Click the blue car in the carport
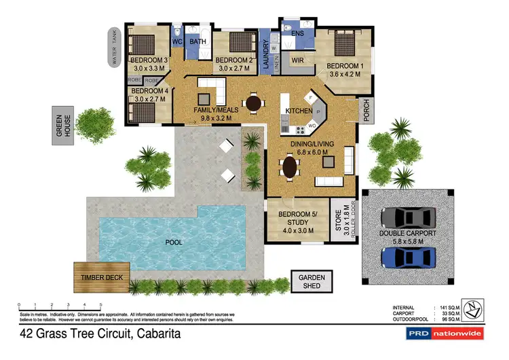pyautogui.click(x=407, y=257)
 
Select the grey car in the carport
pyautogui.click(x=406, y=216)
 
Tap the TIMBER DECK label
pyautogui.click(x=101, y=277)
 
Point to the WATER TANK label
pyautogui.click(x=113, y=47)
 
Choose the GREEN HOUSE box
pyautogui.click(x=63, y=126)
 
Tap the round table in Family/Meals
pyautogui.click(x=254, y=103)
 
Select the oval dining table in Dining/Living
pyautogui.click(x=290, y=166)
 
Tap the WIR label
pyautogui.click(x=297, y=60)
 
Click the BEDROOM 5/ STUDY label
pyautogui.click(x=295, y=223)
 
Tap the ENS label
pyautogui.click(x=297, y=33)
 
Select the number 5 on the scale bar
pyautogui.click(x=101, y=304)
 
